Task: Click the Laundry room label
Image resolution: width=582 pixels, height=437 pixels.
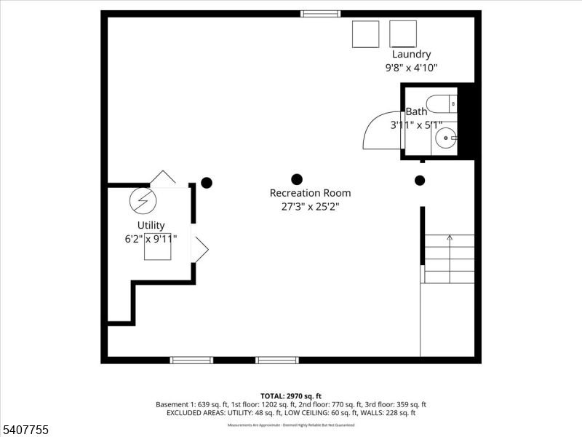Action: click(x=411, y=54)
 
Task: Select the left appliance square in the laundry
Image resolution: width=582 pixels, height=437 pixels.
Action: click(x=366, y=34)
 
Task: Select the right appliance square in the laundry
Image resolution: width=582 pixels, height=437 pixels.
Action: click(x=403, y=34)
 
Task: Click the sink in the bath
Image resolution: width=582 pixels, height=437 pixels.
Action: click(x=445, y=135)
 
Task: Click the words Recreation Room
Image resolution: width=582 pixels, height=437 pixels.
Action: click(x=310, y=193)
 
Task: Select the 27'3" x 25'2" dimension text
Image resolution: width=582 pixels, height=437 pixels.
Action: click(x=310, y=206)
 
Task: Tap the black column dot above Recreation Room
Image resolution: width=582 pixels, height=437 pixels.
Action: click(x=297, y=179)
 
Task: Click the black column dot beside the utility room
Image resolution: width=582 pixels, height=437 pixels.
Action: click(x=207, y=183)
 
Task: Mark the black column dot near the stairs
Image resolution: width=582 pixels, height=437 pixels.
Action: click(x=420, y=181)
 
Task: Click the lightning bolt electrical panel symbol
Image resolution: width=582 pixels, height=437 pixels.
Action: click(x=142, y=200)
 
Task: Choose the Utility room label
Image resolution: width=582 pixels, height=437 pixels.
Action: click(x=151, y=225)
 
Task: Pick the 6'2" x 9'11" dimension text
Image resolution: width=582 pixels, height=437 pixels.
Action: click(x=151, y=238)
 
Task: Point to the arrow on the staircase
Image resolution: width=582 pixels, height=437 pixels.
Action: click(x=450, y=237)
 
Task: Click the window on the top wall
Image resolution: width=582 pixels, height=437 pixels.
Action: click(x=321, y=13)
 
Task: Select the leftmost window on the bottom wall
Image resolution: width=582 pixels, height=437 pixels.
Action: click(x=191, y=360)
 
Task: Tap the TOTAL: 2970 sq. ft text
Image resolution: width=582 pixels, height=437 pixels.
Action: click(x=291, y=395)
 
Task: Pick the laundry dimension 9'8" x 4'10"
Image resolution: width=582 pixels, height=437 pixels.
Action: click(x=411, y=68)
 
